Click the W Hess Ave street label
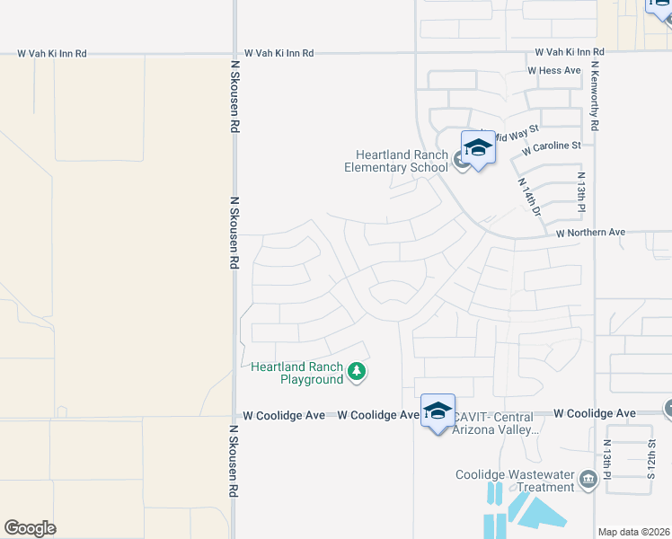(554, 70)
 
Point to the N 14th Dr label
(529, 196)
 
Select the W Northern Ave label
(589, 233)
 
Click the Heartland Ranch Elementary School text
(397, 161)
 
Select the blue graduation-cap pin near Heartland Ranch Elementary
(478, 149)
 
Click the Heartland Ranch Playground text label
(298, 373)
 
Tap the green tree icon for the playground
(358, 372)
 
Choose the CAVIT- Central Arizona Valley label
(493, 423)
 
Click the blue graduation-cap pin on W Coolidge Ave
(438, 412)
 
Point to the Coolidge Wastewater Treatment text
(515, 482)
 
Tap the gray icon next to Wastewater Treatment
(588, 479)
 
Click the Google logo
(30, 528)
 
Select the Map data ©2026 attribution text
(634, 532)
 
